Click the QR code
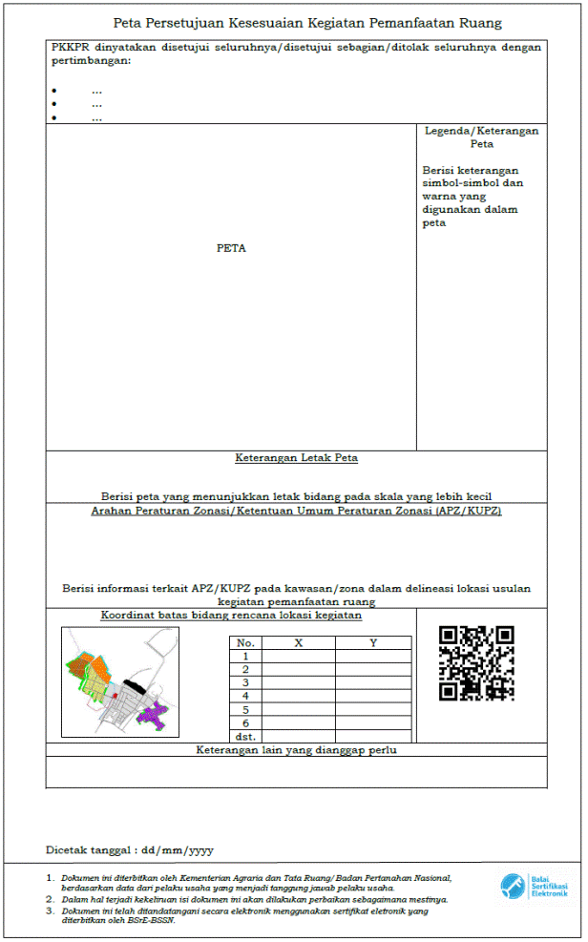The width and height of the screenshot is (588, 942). tap(476, 663)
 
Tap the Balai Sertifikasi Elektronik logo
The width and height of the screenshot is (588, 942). tap(535, 887)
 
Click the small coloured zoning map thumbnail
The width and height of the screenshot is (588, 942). tap(120, 680)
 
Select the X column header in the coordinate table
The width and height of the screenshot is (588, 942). tap(299, 643)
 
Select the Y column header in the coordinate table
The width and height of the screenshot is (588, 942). tap(373, 643)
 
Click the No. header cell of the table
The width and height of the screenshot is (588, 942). tap(245, 643)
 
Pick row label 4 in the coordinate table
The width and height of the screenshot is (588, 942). tap(245, 697)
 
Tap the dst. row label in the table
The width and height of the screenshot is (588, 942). tap(245, 737)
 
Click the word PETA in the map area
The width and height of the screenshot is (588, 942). tap(231, 248)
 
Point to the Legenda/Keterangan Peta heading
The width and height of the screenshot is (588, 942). tap(481, 137)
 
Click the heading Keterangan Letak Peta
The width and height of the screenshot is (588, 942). tap(296, 458)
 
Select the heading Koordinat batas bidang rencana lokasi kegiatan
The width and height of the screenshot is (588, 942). tap(231, 616)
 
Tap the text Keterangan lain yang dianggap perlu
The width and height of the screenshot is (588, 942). tap(296, 750)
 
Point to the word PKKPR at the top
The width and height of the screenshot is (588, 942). tap(70, 47)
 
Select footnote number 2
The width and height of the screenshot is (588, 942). tap(51, 899)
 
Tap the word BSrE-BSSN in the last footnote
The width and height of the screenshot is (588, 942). tap(153, 921)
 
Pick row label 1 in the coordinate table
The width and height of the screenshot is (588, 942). tap(245, 657)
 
